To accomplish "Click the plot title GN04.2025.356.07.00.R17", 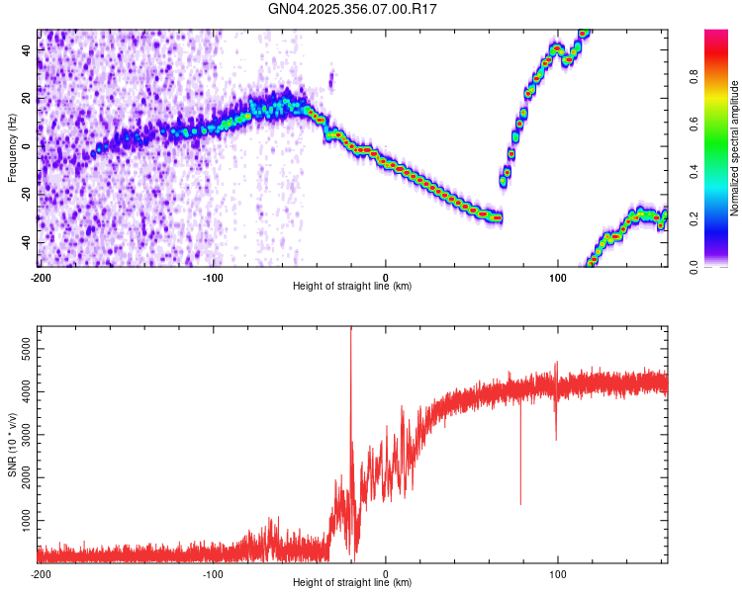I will pos(353,9).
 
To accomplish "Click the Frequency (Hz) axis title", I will pos(12,148).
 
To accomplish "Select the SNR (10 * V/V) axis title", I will pos(12,445).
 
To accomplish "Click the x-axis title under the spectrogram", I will pos(352,286).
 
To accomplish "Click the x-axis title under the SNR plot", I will pos(352,583).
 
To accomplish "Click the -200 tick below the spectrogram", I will pos(40,276).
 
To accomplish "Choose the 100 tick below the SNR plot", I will pos(558,573).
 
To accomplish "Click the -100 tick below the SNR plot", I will pos(213,573).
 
